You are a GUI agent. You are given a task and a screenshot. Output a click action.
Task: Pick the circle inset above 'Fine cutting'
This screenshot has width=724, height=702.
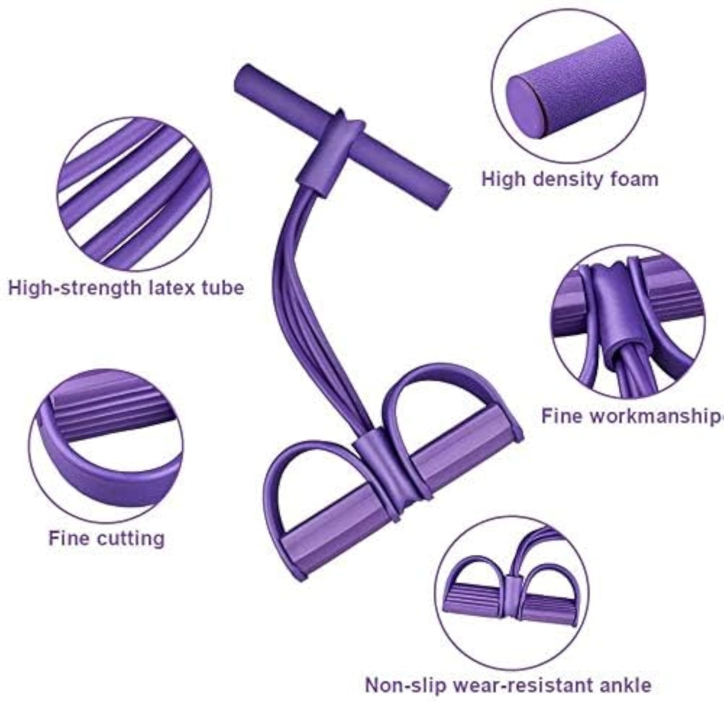106,446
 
